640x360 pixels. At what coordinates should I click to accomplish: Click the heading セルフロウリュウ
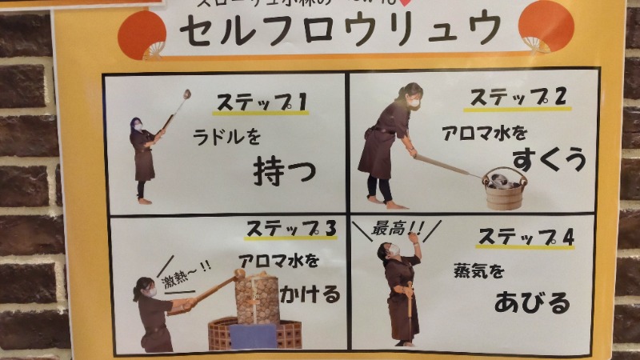click(x=341, y=30)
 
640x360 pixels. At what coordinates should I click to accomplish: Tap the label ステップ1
click(x=262, y=102)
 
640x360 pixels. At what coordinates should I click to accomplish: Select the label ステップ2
click(x=518, y=97)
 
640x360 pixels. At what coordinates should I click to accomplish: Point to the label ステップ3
click(x=291, y=228)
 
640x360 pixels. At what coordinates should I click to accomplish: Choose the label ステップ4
click(x=526, y=237)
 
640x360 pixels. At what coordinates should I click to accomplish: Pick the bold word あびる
click(x=532, y=302)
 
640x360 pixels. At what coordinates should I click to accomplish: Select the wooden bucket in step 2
click(x=504, y=189)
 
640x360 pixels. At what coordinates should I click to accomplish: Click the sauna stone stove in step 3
click(x=257, y=300)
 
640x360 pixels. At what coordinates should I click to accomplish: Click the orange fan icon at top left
click(x=142, y=30)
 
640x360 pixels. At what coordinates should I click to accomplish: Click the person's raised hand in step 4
click(x=414, y=236)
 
